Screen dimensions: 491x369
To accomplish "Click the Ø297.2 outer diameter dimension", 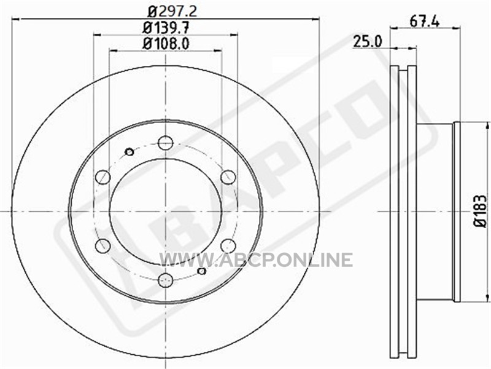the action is pos(172,11).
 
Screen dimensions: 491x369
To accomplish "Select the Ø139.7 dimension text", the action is pos(166,28).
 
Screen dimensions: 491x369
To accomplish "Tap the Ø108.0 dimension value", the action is pos(166,43).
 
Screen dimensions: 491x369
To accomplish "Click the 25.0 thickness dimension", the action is pos(368,41).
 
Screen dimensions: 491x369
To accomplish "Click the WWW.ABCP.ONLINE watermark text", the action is pos(256,260).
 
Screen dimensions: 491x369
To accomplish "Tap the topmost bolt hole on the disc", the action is pos(166,143).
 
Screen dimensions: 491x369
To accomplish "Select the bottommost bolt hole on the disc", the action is pos(166,280).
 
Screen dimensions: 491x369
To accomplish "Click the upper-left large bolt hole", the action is pos(102,177).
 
